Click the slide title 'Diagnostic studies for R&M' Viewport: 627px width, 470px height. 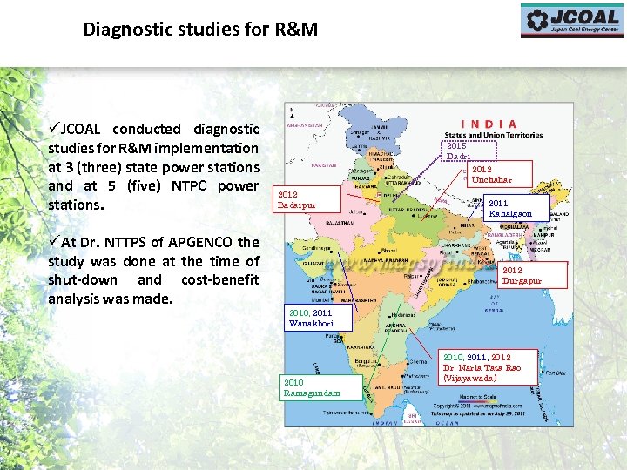pyautogui.click(x=200, y=30)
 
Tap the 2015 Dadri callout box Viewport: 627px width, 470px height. pyautogui.click(x=462, y=151)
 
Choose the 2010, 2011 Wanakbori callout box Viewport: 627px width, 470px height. pyautogui.click(x=319, y=318)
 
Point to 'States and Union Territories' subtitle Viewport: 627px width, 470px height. pyautogui.click(x=493, y=135)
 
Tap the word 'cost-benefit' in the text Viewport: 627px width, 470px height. pyautogui.click(x=218, y=279)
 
